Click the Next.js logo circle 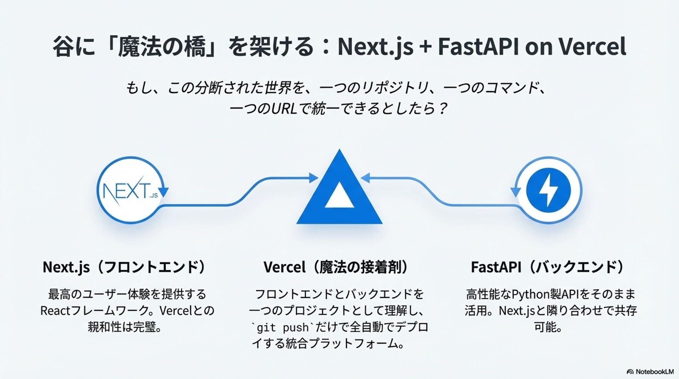click(130, 190)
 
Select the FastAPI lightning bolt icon click(548, 190)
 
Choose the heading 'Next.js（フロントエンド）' click(124, 267)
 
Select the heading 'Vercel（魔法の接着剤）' click(336, 267)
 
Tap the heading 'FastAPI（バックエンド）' click(547, 267)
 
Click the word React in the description click(55, 311)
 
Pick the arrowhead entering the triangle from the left click(313, 177)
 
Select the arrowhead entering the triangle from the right click(365, 177)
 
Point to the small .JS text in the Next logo click(154, 196)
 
